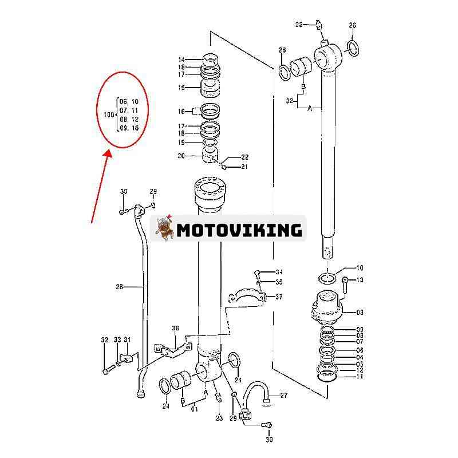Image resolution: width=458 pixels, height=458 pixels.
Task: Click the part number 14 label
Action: tap(181, 60)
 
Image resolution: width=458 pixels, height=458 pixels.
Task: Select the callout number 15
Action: tap(181, 88)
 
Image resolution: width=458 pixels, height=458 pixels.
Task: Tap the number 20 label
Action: tap(181, 155)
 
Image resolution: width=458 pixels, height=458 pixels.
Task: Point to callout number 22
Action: tap(245, 157)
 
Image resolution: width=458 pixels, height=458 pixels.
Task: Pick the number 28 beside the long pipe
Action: tap(120, 286)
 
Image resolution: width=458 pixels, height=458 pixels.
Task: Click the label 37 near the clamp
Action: tap(279, 297)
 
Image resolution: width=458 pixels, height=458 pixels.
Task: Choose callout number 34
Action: tap(279, 271)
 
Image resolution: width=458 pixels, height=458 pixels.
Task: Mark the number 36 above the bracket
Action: tap(175, 328)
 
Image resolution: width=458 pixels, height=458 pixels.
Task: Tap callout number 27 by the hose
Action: tap(283, 395)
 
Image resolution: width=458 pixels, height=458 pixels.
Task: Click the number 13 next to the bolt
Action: tap(360, 280)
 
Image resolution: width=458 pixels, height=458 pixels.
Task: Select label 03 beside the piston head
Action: tap(360, 313)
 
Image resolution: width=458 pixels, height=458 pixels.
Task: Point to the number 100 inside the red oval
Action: tap(109, 114)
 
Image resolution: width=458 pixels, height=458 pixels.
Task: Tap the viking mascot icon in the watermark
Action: tap(164, 230)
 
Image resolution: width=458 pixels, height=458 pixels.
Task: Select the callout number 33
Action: tap(117, 340)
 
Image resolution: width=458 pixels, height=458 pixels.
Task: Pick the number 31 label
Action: tap(127, 340)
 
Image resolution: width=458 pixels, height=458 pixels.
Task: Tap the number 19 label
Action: tap(181, 143)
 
